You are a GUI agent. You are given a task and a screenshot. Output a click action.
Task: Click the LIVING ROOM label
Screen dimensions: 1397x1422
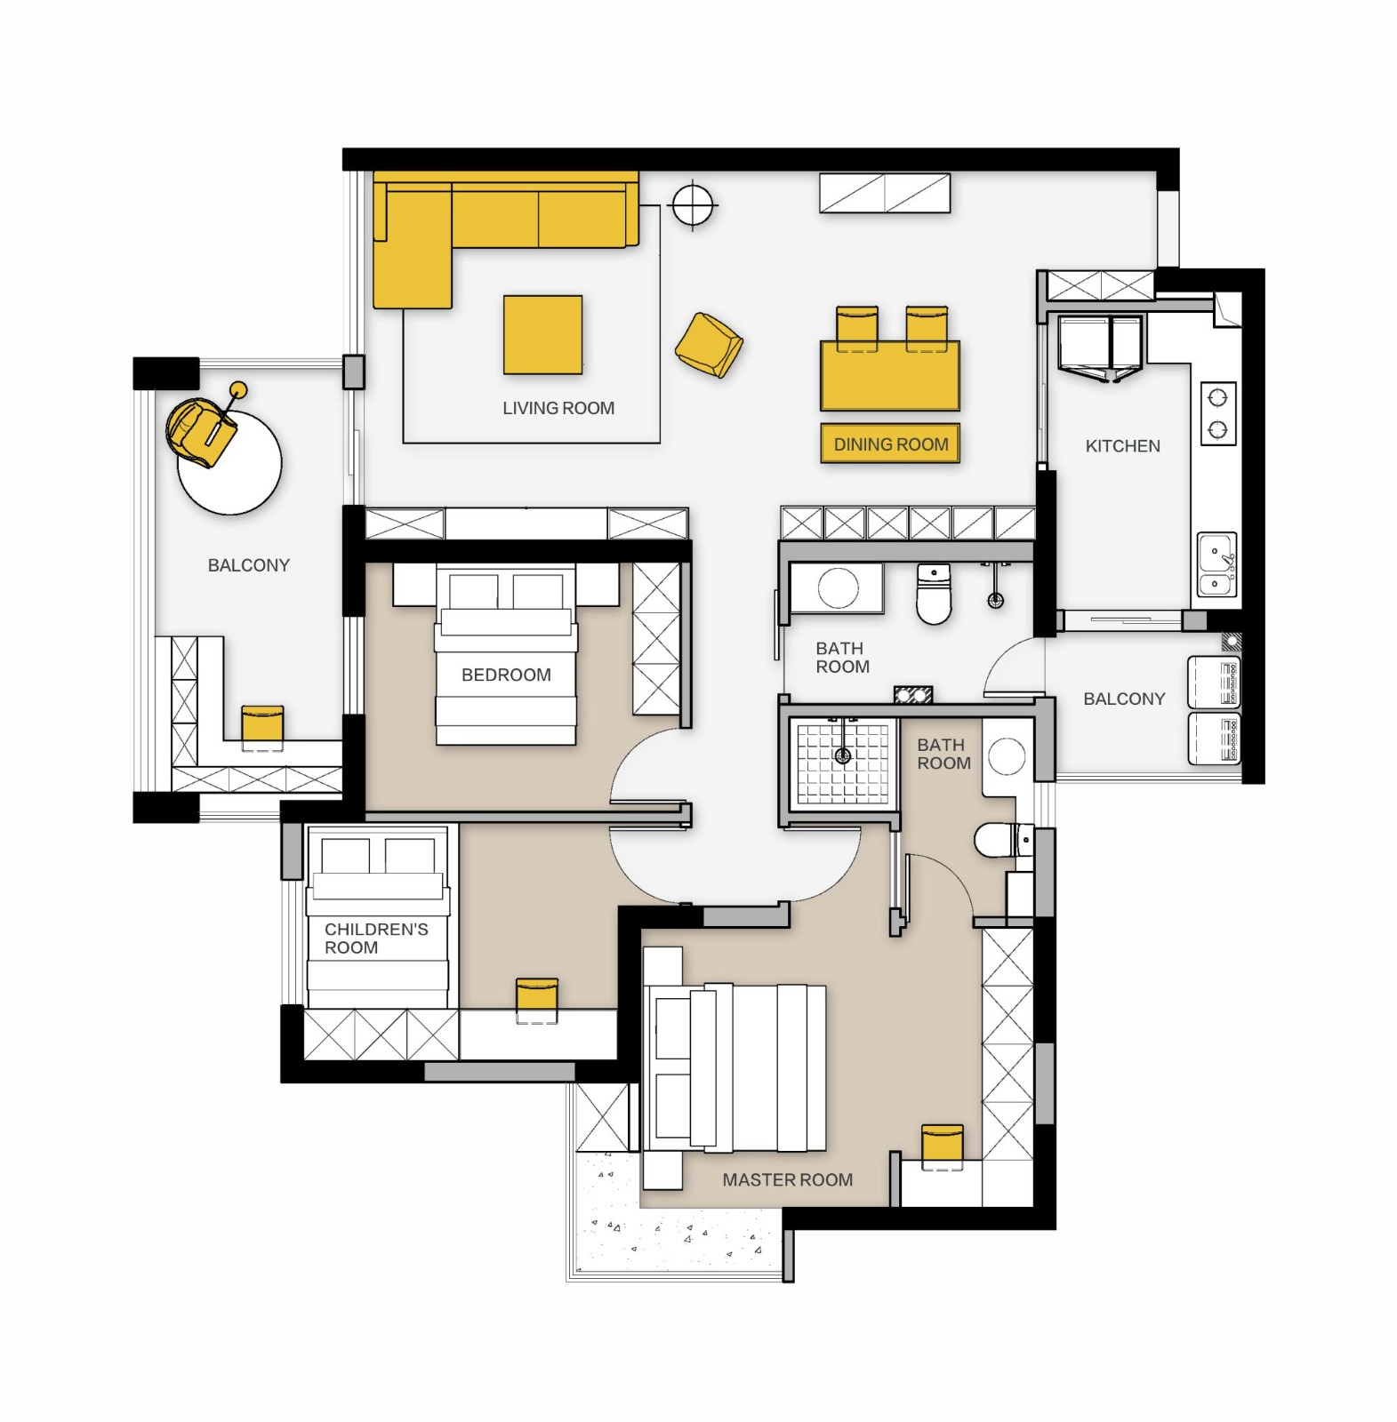(558, 408)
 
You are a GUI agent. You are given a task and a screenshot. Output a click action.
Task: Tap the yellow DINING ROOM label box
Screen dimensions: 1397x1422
(890, 444)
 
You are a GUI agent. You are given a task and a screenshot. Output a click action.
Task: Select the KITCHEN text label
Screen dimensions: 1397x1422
(1122, 446)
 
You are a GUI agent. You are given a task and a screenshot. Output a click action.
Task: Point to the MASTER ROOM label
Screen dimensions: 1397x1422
(787, 1180)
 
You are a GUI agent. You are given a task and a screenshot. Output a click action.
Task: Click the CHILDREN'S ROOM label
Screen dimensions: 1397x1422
(376, 939)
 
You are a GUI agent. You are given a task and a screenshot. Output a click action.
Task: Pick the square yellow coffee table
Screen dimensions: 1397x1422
(542, 335)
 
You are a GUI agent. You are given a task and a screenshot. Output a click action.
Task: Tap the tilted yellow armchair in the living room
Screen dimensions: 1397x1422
(709, 346)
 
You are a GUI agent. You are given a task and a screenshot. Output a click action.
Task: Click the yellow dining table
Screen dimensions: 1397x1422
(890, 375)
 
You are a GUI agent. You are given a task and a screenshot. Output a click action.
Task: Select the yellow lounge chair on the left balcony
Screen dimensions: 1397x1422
(201, 431)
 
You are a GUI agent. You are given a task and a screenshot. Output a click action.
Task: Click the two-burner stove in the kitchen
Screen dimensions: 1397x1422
(1218, 413)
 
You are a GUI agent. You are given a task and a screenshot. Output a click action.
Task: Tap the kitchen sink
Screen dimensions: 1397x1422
(1216, 564)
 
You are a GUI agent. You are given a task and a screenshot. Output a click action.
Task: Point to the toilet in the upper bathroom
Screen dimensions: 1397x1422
(934, 594)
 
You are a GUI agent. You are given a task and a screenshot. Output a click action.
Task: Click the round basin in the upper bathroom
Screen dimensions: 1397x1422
(838, 587)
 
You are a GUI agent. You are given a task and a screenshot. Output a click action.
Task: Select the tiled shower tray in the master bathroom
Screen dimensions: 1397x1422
(843, 763)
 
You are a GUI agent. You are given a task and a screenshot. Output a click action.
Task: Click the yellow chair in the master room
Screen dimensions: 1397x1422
(943, 1146)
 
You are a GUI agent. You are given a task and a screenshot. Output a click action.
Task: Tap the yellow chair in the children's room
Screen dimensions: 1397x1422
(537, 1000)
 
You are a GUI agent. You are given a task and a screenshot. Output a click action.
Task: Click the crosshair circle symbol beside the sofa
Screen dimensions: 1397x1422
(694, 205)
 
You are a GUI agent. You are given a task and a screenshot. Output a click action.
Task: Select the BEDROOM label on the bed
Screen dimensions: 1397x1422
(506, 675)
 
